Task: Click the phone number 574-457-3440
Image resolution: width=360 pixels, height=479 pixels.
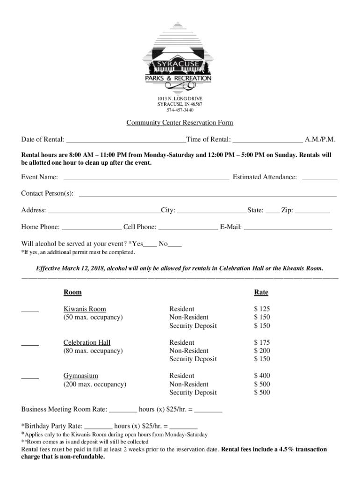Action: tap(180, 110)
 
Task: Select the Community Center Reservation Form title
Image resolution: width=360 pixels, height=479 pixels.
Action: tap(180, 123)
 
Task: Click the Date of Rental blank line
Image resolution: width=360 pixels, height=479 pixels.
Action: tap(125, 140)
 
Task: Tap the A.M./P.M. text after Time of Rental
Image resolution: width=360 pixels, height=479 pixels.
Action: tap(320, 139)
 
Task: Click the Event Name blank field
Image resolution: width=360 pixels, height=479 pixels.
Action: tap(146, 178)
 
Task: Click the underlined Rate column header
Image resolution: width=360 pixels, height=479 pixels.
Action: tap(261, 292)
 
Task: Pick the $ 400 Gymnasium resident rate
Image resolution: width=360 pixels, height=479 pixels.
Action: tap(262, 376)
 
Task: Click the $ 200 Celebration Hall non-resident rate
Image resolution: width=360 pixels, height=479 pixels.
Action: tap(262, 351)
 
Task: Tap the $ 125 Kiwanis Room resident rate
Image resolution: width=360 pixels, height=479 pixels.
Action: tap(262, 309)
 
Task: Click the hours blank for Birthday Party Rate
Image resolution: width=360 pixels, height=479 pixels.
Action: tap(99, 427)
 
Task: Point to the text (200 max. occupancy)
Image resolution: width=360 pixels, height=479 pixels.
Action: tap(95, 385)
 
